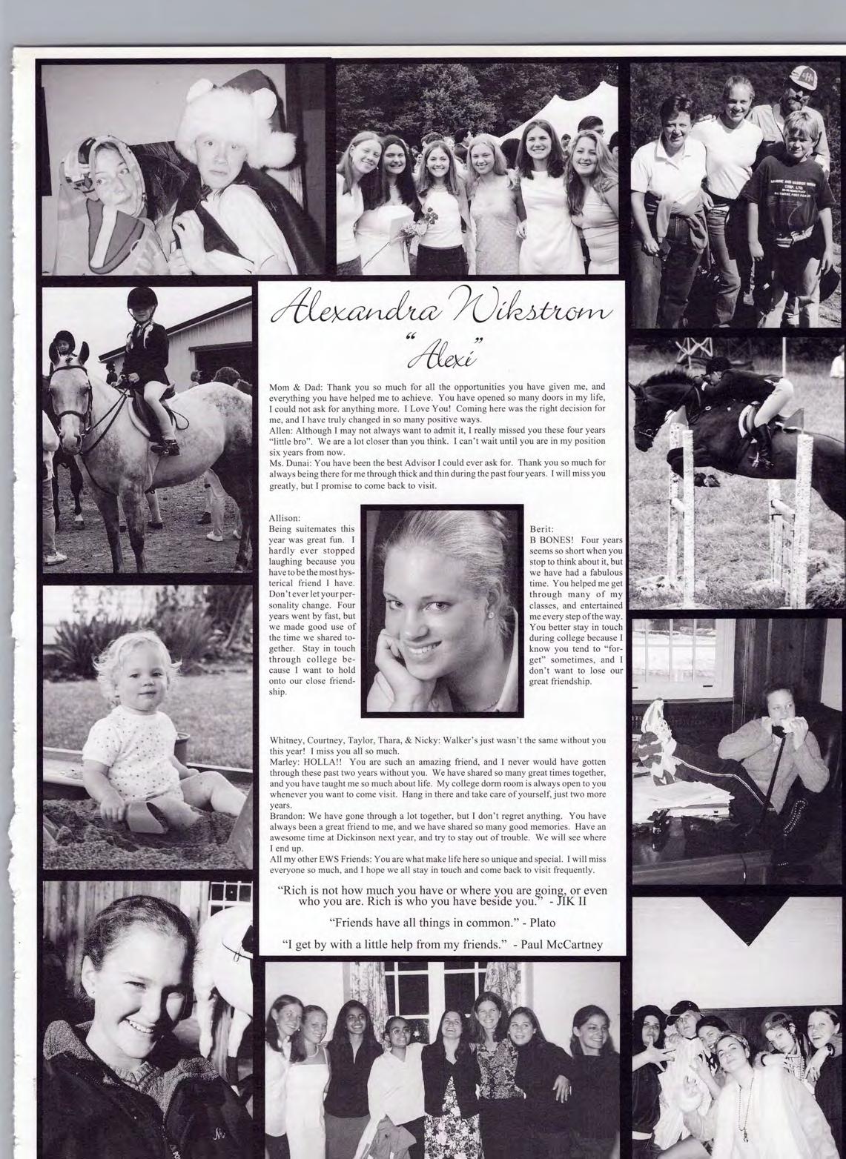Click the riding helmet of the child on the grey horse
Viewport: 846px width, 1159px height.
139,300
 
